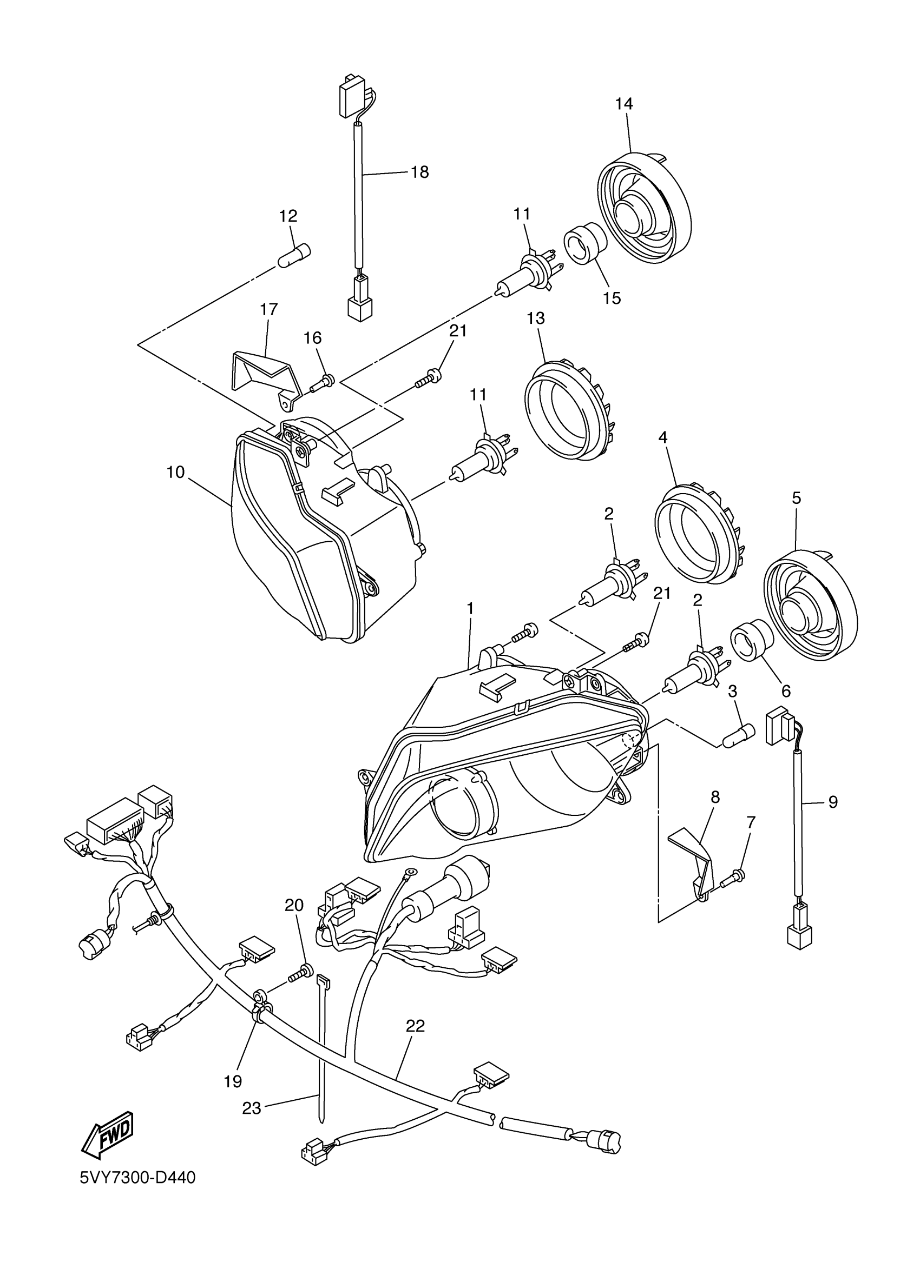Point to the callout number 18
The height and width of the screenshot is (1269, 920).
(x=419, y=172)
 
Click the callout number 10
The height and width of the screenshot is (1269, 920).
(x=175, y=472)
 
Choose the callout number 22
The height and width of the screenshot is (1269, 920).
(x=415, y=1026)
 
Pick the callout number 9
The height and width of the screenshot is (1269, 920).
(x=833, y=802)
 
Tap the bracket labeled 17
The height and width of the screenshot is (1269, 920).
(x=264, y=374)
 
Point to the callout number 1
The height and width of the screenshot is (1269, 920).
(x=470, y=608)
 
